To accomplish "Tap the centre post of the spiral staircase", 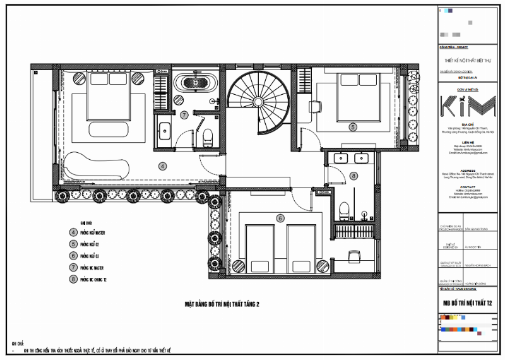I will click(x=257, y=103).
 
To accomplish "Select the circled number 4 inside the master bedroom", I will click(x=162, y=166).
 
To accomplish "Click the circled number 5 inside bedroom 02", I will click(x=353, y=126).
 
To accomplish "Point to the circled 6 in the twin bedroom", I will click(x=280, y=219).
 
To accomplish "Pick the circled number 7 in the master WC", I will click(x=184, y=115).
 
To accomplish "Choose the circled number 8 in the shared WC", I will click(x=353, y=176).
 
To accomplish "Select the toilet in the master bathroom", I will click(x=206, y=134).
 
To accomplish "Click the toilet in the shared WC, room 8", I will click(x=344, y=208).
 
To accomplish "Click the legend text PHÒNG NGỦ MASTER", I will click(x=92, y=232).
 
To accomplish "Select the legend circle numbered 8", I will click(x=73, y=278).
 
